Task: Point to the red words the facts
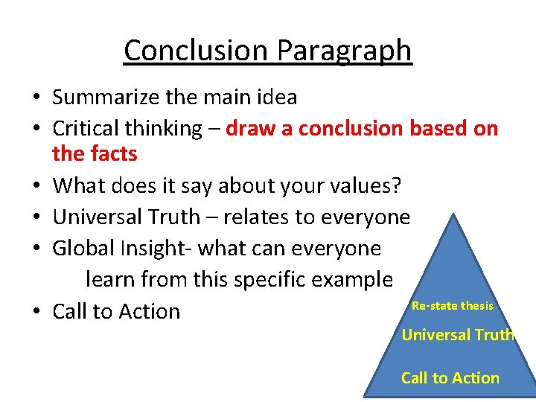(x=95, y=154)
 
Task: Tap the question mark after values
(x=397, y=185)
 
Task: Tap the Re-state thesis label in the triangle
(x=452, y=306)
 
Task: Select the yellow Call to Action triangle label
(x=450, y=378)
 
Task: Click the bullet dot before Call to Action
(x=36, y=312)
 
